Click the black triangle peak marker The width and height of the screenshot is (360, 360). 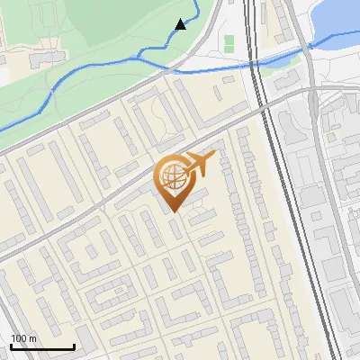click(181, 24)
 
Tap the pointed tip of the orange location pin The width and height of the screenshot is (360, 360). click(175, 211)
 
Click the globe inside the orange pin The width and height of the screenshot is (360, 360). click(174, 176)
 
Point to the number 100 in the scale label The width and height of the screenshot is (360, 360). click(19, 338)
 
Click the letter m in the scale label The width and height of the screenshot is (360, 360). click(32, 338)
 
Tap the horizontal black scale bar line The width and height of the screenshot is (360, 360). click(42, 346)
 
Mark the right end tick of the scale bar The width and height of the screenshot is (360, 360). click(74, 345)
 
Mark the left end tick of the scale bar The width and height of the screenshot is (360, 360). click(11, 345)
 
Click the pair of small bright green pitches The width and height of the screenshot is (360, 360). click(229, 41)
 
